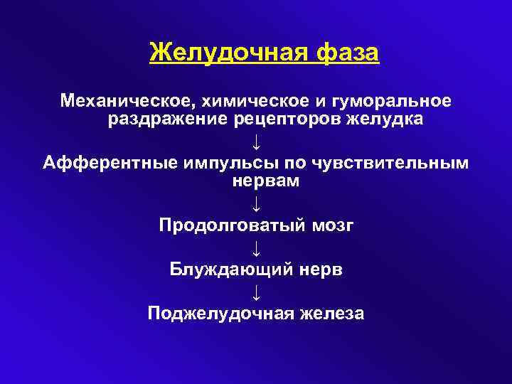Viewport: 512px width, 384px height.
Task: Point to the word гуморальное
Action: click(x=390, y=100)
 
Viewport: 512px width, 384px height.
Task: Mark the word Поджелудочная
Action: click(x=220, y=314)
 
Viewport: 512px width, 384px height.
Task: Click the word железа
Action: click(x=330, y=314)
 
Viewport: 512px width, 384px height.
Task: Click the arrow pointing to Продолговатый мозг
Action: click(x=256, y=204)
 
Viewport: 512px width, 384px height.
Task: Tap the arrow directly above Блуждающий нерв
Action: click(x=256, y=248)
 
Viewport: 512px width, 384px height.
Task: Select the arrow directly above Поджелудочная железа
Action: click(x=256, y=292)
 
